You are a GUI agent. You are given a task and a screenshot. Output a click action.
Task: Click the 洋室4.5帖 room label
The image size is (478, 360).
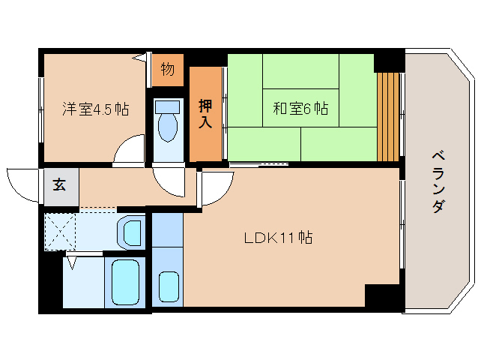pos(96,109)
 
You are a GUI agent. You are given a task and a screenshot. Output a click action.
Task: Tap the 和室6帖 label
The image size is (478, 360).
pos(300,108)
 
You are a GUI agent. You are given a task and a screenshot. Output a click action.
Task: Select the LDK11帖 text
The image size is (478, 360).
pos(278,238)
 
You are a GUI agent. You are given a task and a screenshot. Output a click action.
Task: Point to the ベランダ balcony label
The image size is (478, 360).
pos(439,182)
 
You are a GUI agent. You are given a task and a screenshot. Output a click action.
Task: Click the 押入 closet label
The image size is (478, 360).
pos(205,113)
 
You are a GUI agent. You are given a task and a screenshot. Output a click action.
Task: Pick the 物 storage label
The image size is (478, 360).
pos(168,69)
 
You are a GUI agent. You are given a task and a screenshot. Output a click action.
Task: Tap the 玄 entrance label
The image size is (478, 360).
pos(59,185)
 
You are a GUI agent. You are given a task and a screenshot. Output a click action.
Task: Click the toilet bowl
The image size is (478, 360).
pos(168,128)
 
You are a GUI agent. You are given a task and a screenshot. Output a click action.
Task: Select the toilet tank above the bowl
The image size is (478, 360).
pos(167,107)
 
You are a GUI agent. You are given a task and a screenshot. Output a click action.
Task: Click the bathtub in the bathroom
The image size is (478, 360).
pos(125,282)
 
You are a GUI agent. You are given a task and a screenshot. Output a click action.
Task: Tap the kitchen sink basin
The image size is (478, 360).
pos(169,286)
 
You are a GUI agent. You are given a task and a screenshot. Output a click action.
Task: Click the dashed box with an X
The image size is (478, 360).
pos(60,232)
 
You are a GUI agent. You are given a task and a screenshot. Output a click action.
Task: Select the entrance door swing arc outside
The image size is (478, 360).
pos(17,192)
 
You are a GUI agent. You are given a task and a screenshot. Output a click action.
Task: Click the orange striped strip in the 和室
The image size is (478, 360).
pos(388,117)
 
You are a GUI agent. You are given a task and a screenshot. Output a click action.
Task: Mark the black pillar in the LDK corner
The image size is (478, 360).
pos(382,295)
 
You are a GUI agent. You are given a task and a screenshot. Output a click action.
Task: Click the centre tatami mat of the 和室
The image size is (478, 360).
pos(300,108)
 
